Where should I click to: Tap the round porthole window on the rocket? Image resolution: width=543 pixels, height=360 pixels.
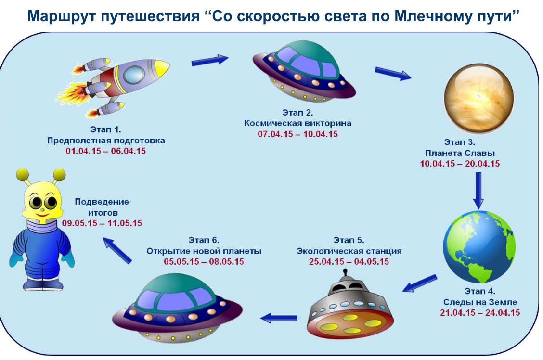(134, 75)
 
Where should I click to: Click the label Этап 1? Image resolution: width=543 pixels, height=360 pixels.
(105, 129)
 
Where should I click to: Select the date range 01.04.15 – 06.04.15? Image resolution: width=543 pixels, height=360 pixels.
(105, 151)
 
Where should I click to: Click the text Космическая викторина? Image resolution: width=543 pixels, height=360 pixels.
(297, 123)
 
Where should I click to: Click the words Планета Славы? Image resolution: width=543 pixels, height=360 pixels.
(460, 153)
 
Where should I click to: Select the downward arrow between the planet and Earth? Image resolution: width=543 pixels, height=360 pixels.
(478, 191)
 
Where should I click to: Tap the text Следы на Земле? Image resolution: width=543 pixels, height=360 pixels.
(480, 302)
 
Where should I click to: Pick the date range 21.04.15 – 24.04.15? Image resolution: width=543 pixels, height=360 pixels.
(480, 312)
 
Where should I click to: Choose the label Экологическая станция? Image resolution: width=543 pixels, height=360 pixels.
(349, 251)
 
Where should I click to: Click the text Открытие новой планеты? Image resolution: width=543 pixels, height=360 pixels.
(204, 251)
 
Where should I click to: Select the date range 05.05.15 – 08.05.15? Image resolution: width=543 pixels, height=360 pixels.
(204, 261)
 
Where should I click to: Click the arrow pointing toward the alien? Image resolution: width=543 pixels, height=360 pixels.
(117, 250)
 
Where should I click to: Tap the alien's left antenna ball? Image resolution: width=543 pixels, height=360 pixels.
(23, 174)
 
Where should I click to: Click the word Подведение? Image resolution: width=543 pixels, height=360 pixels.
(102, 202)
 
